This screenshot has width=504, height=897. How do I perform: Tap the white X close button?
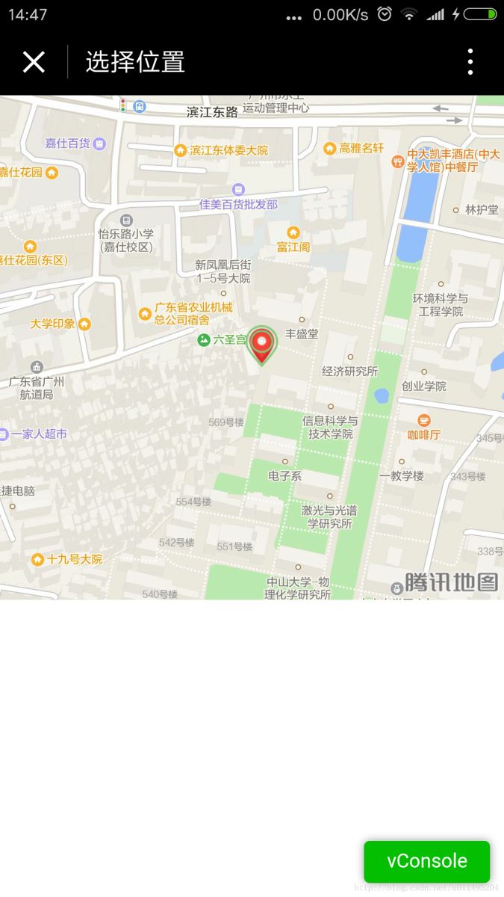click(34, 62)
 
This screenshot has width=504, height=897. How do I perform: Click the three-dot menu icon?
click(470, 62)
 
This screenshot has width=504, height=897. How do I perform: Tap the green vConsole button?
click(426, 861)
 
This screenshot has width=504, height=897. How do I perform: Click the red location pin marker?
click(262, 345)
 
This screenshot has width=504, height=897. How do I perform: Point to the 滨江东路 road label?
click(212, 112)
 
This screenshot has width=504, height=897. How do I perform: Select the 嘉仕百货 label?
click(67, 143)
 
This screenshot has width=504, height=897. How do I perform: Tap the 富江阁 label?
click(293, 246)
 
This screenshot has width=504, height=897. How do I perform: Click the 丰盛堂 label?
click(302, 333)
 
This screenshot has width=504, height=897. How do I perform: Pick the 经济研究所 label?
click(349, 371)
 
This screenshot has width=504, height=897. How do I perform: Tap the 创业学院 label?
click(423, 386)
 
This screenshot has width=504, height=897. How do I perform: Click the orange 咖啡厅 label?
click(424, 434)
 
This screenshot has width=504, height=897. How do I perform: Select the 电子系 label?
click(284, 475)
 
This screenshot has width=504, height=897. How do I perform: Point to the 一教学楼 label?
click(401, 475)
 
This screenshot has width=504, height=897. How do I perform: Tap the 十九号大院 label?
click(74, 559)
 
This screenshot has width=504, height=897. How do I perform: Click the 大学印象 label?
click(52, 324)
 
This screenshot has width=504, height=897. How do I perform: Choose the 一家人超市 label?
click(38, 434)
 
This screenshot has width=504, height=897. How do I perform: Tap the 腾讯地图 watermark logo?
click(451, 582)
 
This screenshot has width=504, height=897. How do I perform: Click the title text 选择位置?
click(135, 62)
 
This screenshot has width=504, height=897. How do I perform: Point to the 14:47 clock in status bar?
click(28, 14)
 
